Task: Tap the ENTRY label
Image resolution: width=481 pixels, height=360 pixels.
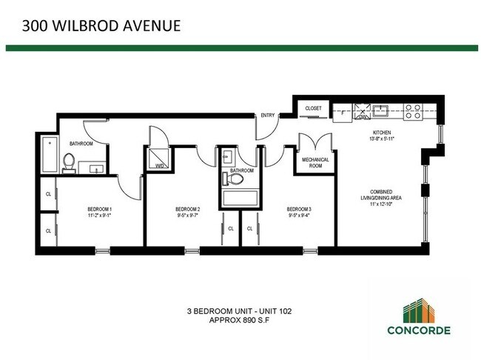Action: pyautogui.click(x=267, y=116)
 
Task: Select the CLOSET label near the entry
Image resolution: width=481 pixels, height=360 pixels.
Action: pyautogui.click(x=313, y=109)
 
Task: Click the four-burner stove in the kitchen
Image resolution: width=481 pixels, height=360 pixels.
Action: pyautogui.click(x=413, y=112)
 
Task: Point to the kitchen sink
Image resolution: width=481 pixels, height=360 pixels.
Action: pyautogui.click(x=381, y=112)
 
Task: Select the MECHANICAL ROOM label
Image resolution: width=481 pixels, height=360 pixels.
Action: pyautogui.click(x=315, y=162)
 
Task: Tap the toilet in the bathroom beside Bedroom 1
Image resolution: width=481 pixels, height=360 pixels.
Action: pyautogui.click(x=70, y=161)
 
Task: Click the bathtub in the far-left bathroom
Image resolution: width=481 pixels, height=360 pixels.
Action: pyautogui.click(x=50, y=152)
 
